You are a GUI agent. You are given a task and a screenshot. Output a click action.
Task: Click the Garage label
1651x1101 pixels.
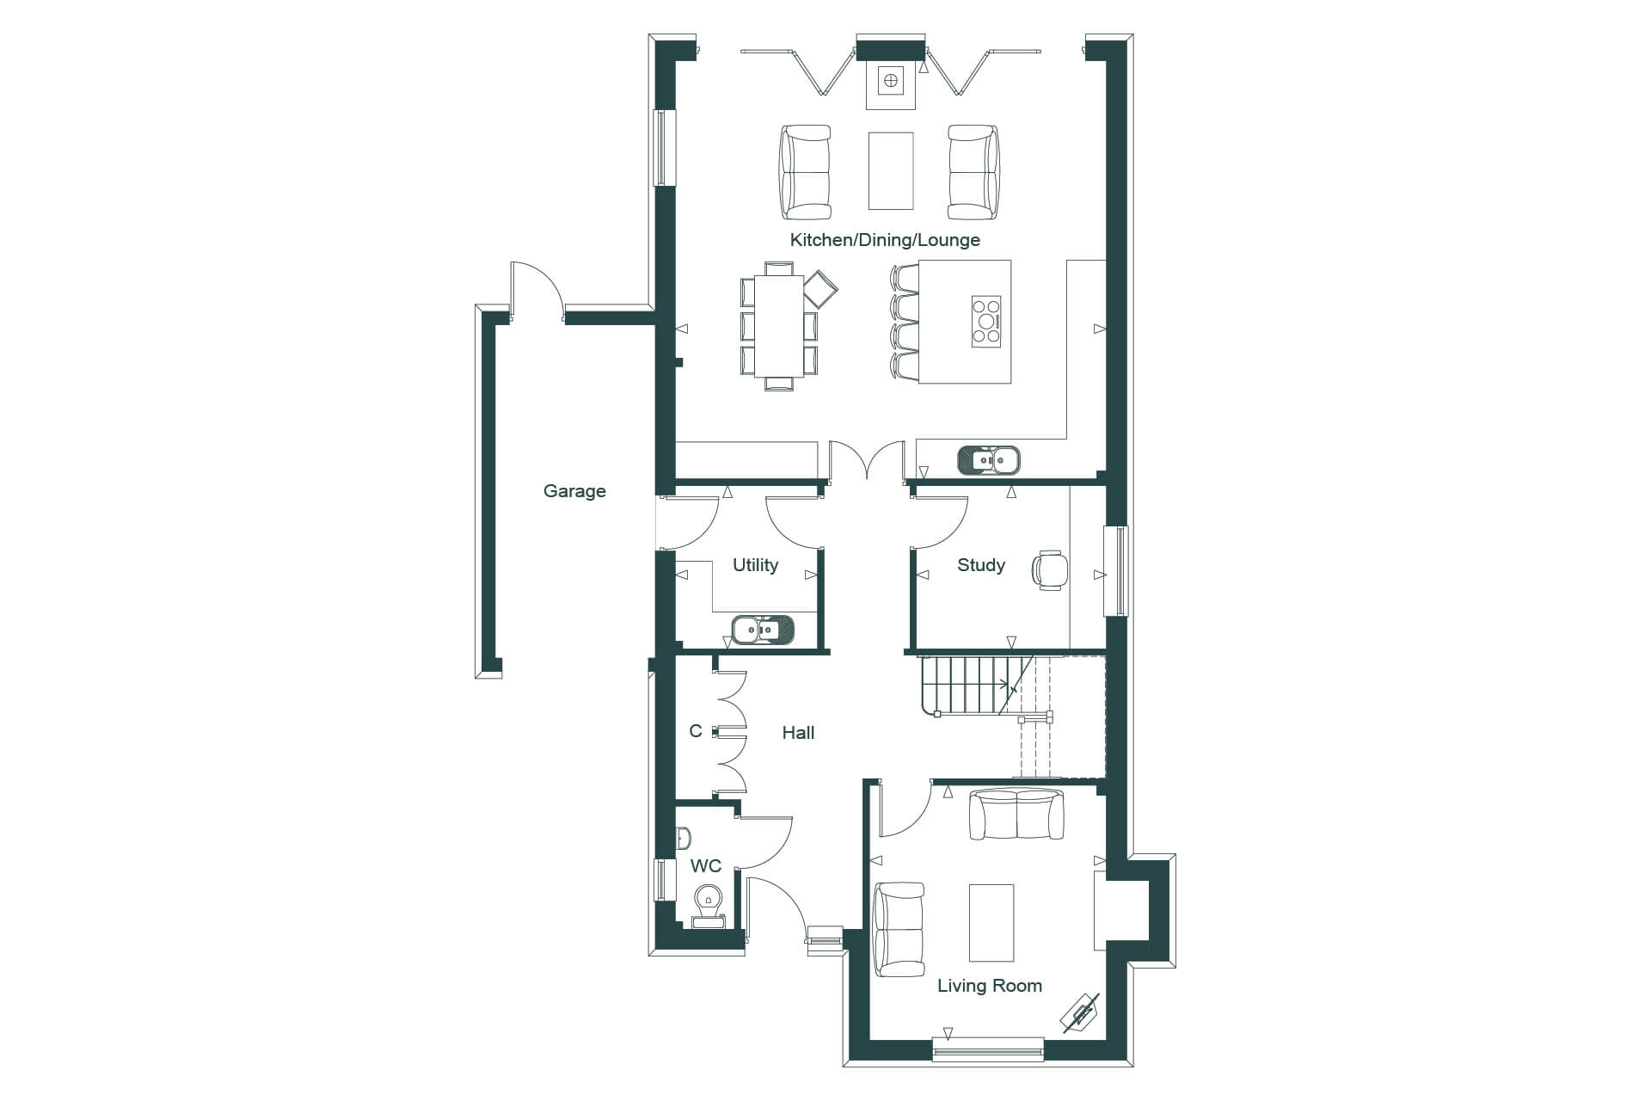click(x=574, y=491)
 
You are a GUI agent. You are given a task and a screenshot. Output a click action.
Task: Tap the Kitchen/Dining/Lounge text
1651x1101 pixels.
click(x=885, y=240)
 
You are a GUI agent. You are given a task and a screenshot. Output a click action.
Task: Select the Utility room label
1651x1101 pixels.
click(x=755, y=565)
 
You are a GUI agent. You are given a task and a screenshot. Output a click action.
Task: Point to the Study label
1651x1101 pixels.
click(x=981, y=565)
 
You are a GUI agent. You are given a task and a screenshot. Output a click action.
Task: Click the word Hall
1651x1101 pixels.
click(x=798, y=733)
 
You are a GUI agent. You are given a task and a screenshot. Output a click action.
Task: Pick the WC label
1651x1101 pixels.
click(x=706, y=866)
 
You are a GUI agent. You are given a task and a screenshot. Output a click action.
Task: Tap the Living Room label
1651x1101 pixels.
click(x=990, y=986)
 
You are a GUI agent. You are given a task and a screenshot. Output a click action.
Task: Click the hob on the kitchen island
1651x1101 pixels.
click(x=986, y=322)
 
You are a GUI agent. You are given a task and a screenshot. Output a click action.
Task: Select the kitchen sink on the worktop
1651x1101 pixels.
click(x=988, y=460)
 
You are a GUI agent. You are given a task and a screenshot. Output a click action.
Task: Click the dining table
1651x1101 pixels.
click(x=779, y=326)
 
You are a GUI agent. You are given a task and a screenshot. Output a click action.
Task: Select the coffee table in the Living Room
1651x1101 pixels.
click(x=991, y=922)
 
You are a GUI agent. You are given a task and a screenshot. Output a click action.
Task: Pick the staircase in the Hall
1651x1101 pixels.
click(x=977, y=686)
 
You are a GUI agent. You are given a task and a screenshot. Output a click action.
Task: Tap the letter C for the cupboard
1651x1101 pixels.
click(x=696, y=731)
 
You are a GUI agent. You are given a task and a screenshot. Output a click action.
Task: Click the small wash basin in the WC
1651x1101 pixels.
click(x=683, y=836)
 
